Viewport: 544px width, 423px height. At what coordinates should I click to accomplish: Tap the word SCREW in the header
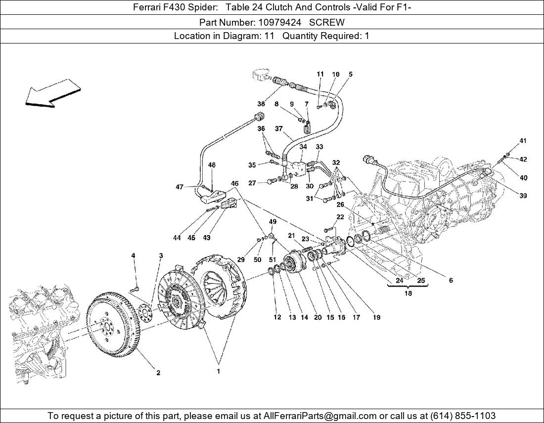[332, 22]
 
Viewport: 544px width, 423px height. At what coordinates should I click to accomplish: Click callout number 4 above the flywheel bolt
[133, 255]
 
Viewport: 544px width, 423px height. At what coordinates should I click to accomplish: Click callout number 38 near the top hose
[261, 104]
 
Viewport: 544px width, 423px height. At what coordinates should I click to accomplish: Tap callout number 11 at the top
[320, 74]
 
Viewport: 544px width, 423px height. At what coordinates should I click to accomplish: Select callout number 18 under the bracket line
[408, 293]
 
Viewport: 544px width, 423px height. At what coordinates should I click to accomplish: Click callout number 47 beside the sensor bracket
[180, 187]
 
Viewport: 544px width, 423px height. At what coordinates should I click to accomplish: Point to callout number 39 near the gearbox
[523, 196]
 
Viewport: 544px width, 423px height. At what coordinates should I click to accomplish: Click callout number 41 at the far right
[523, 141]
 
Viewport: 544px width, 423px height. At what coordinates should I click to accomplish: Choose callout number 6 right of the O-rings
[451, 280]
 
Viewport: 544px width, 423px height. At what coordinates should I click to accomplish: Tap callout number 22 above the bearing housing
[340, 217]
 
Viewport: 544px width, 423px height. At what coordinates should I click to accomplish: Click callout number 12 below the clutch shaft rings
[277, 318]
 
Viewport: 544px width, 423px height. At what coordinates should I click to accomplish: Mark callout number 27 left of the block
[252, 183]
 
